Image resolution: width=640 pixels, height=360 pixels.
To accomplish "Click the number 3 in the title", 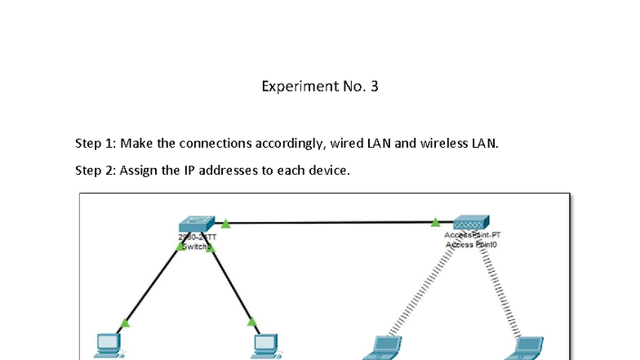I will pyautogui.click(x=374, y=86).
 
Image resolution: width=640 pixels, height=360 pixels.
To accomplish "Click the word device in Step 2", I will pyautogui.click(x=329, y=171).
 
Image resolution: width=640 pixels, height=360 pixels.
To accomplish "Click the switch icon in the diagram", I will pyautogui.click(x=197, y=224).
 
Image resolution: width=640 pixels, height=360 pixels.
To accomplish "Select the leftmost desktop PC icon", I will pyautogui.click(x=108, y=345).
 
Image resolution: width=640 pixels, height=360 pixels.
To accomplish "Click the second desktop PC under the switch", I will pyautogui.click(x=265, y=345).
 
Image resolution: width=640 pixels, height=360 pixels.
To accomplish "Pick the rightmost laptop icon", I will pyautogui.click(x=526, y=348).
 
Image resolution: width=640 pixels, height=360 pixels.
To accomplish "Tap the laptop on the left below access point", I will pyautogui.click(x=382, y=348).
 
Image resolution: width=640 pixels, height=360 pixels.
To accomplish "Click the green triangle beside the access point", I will pyautogui.click(x=437, y=221).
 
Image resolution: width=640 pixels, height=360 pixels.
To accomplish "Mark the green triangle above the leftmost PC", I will pyautogui.click(x=125, y=322).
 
